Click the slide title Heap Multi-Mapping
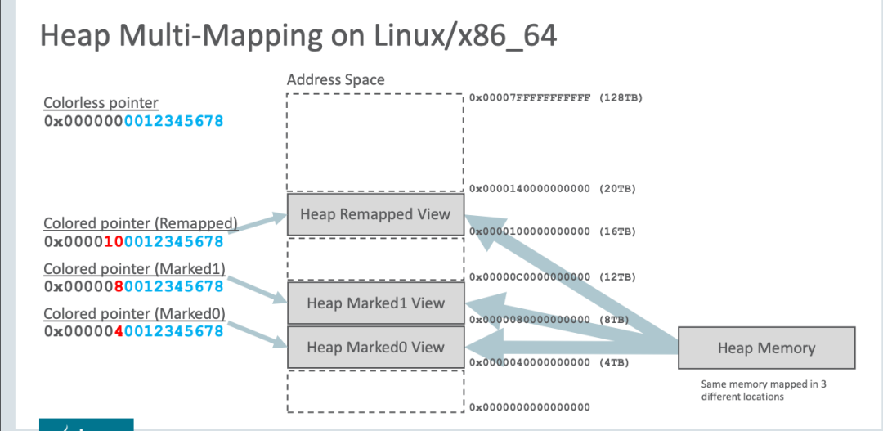pos(298,37)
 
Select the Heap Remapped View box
pos(375,214)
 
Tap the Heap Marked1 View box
pos(375,303)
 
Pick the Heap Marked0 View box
pos(375,347)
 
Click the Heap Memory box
pos(766,348)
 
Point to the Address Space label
pos(335,80)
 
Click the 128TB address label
pos(556,97)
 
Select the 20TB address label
pos(553,189)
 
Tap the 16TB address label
pos(553,231)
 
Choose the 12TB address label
pos(553,277)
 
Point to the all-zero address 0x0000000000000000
pos(530,406)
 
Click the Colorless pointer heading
pos(101,103)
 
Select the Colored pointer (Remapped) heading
pos(140,222)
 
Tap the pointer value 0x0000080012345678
pos(133,286)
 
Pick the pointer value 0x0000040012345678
pos(133,331)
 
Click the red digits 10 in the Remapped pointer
pos(112,241)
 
